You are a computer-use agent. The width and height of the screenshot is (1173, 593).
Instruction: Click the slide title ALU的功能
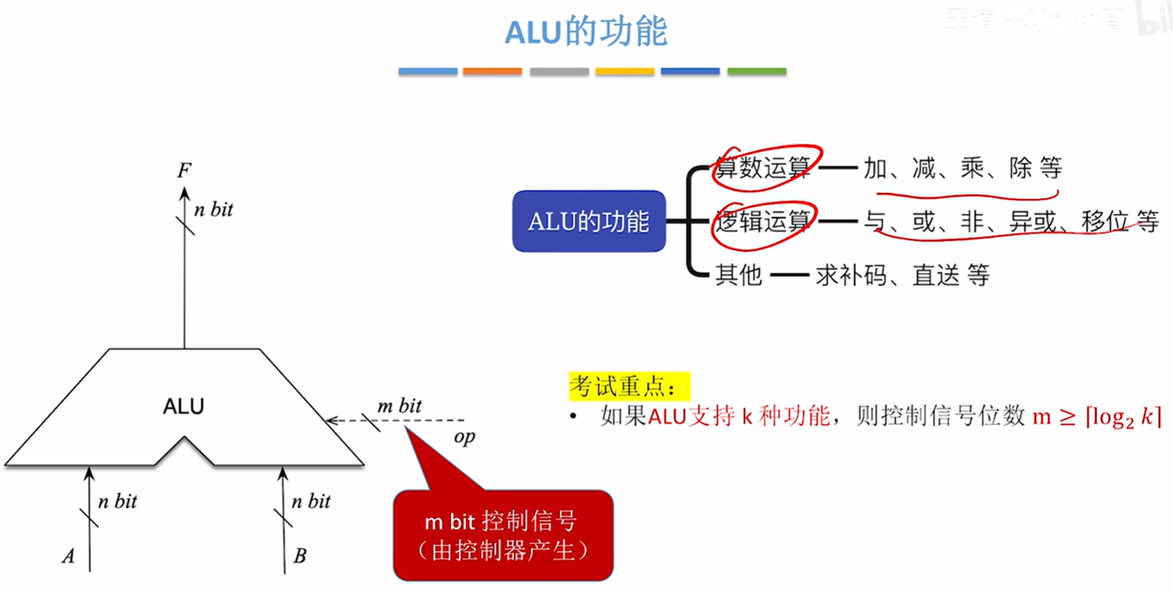tap(586, 32)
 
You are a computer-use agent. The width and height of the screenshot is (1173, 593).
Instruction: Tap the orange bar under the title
tap(492, 71)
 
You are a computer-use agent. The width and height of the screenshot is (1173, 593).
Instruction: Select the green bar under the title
tap(757, 71)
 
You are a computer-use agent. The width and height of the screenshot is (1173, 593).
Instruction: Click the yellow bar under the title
tap(625, 71)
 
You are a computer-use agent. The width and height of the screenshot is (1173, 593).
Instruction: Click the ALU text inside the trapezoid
tap(183, 406)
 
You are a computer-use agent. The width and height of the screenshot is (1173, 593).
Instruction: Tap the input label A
tap(69, 556)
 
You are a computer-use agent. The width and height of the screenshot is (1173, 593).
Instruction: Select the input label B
tap(300, 556)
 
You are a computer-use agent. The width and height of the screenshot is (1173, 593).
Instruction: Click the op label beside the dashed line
tap(464, 437)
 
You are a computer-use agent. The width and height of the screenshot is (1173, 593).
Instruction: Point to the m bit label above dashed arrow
tap(399, 406)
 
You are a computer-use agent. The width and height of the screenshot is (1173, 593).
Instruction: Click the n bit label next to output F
tap(214, 210)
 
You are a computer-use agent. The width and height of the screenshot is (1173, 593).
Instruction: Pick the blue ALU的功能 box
tap(589, 221)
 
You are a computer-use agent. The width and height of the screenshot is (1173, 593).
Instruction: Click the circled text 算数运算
tap(763, 168)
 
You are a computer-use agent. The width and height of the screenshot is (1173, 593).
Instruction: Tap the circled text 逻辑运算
tap(763, 222)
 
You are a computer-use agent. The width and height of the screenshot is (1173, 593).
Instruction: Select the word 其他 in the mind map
tap(738, 275)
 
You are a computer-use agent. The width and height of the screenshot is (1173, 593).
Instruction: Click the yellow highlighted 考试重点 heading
tap(629, 387)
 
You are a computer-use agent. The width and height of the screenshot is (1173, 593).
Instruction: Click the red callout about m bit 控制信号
tap(503, 536)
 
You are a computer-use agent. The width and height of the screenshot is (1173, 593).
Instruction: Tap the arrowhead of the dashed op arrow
tap(331, 421)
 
